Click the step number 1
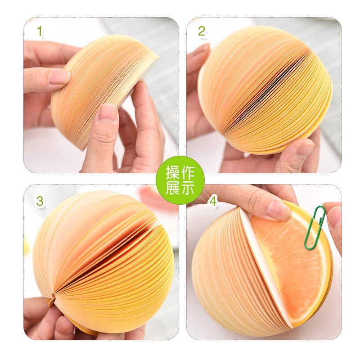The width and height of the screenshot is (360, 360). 40,31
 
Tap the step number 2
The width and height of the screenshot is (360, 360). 202,31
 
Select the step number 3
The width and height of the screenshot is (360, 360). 40,201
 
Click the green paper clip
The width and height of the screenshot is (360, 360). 314,227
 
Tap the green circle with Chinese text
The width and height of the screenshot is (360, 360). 180,180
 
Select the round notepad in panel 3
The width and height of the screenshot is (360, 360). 103,261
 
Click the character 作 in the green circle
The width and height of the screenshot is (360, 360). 187,172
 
